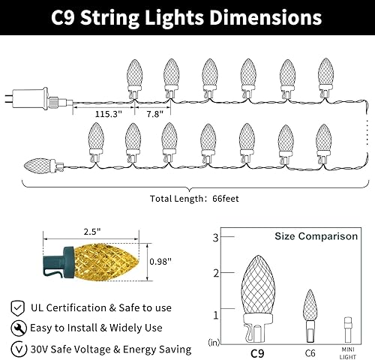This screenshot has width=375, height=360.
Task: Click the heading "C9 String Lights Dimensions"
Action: tap(187, 18)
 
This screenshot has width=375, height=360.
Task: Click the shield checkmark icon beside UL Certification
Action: tap(16, 308)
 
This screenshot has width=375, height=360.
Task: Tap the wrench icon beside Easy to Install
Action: tap(16, 328)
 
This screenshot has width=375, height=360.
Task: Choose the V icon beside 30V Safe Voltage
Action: tap(16, 349)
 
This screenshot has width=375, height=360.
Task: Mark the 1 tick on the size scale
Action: tap(216, 313)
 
